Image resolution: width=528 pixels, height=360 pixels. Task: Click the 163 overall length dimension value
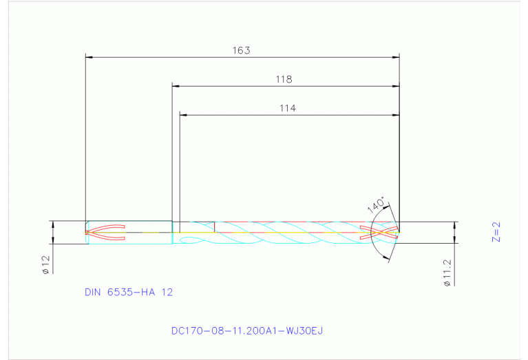click(241, 50)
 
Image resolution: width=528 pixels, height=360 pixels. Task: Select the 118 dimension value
click(284, 79)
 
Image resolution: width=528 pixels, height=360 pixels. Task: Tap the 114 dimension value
click(288, 107)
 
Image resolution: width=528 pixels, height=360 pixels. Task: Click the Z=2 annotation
click(496, 232)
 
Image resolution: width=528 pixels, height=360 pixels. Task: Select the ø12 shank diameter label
click(45, 265)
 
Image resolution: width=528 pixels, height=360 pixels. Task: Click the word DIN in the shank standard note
click(93, 292)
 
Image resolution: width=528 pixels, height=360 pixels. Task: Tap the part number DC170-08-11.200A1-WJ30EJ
click(247, 330)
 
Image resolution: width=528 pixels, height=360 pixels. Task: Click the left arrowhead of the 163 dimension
click(88, 57)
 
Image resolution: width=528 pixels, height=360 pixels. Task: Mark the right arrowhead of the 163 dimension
click(396, 57)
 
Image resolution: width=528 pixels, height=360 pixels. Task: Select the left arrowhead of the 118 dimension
click(176, 86)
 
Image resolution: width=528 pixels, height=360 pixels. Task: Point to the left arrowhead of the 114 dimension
click(183, 114)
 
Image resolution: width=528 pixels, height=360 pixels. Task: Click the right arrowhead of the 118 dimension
click(396, 86)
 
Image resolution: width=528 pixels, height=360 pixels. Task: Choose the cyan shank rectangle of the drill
click(129, 233)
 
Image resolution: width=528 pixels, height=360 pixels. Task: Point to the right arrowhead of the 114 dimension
click(396, 114)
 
